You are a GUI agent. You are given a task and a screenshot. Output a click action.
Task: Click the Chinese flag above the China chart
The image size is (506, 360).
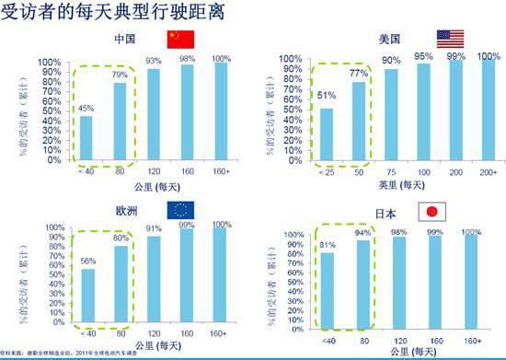pyautogui.click(x=180, y=40)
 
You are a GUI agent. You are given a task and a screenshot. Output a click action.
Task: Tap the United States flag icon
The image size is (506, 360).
pyautogui.click(x=451, y=40)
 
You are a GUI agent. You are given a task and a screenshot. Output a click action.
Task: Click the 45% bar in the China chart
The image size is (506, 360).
pyautogui.click(x=86, y=137)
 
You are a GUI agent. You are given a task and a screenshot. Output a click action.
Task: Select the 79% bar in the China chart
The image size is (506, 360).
pyautogui.click(x=119, y=120)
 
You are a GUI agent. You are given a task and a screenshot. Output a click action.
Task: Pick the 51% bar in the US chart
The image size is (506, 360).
pyautogui.click(x=325, y=134)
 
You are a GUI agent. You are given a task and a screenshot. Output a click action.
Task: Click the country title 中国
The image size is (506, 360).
pyautogui.click(x=125, y=39)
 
